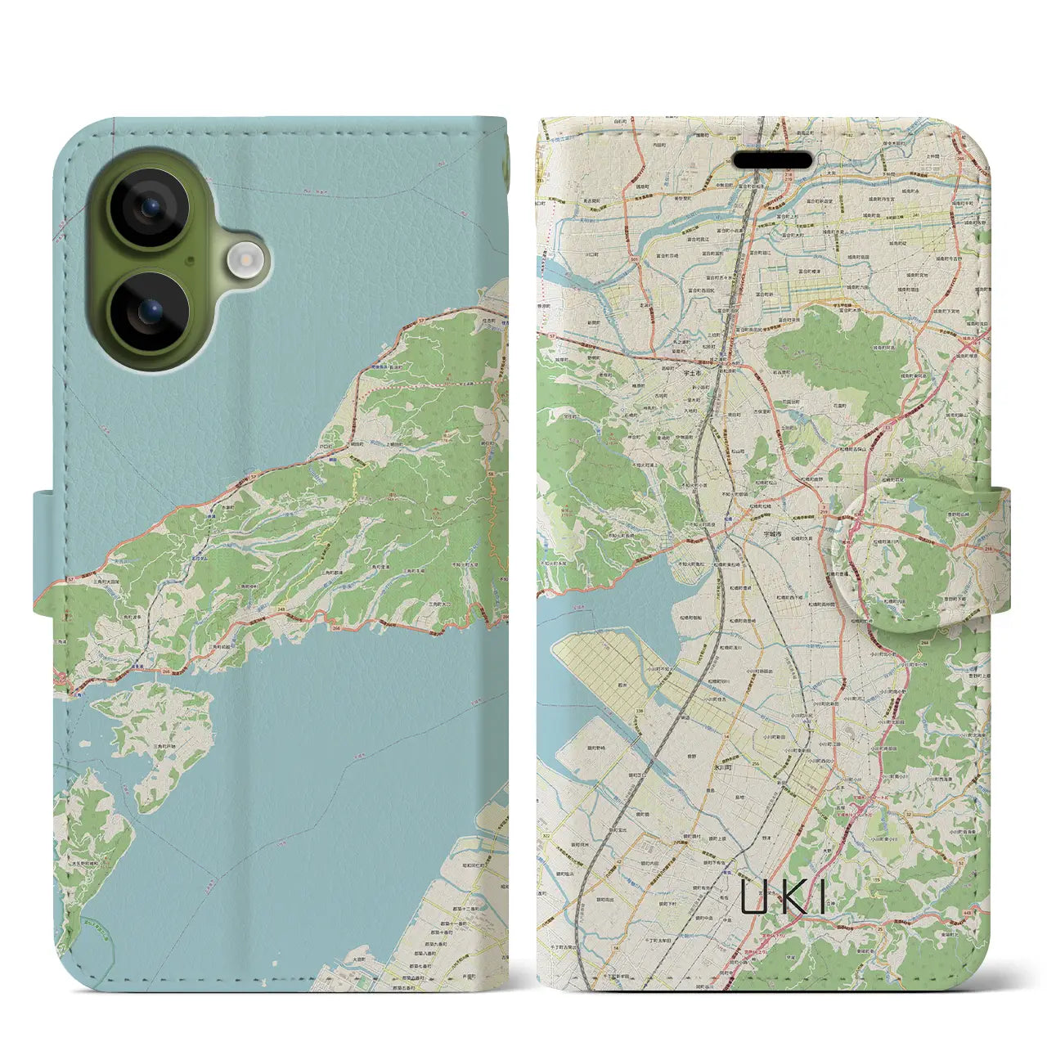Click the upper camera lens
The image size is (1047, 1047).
(x=149, y=207)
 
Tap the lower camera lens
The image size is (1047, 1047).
(x=149, y=312)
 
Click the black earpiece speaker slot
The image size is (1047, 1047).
(x=773, y=160)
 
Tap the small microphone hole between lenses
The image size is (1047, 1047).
(x=190, y=260)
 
